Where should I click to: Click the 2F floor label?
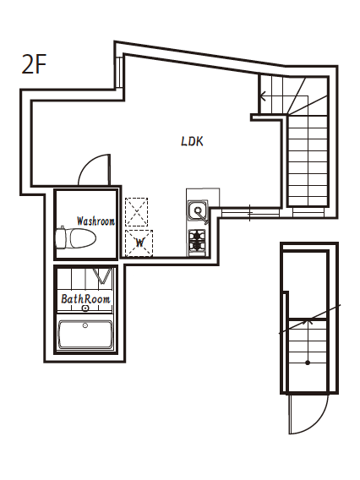click(x=34, y=64)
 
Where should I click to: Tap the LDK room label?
click(x=192, y=141)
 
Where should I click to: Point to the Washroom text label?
click(x=95, y=221)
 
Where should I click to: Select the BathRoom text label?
click(x=85, y=299)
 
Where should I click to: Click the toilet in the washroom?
click(x=76, y=237)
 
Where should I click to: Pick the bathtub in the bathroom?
click(x=85, y=334)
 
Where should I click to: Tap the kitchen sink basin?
click(x=199, y=210)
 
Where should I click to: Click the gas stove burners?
click(x=197, y=240)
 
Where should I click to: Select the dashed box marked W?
click(x=139, y=243)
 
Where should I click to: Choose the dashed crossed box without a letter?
click(x=136, y=212)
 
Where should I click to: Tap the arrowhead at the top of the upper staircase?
click(x=262, y=96)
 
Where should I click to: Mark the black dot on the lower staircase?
click(x=308, y=363)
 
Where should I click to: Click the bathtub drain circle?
click(x=85, y=325)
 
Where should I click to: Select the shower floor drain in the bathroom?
click(x=85, y=308)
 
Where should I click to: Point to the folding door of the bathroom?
click(x=101, y=275)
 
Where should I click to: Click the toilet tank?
click(x=61, y=237)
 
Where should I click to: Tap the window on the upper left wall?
click(x=119, y=73)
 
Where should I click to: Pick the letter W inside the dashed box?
click(x=139, y=243)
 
